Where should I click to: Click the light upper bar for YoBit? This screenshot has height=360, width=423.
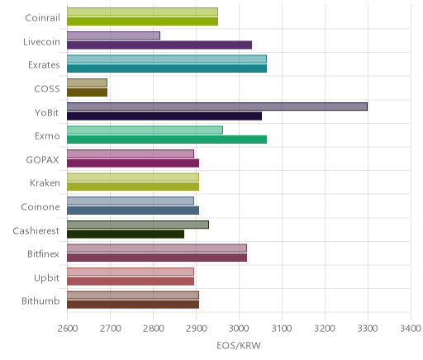point(217,107)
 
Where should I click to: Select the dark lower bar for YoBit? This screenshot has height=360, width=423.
point(164,116)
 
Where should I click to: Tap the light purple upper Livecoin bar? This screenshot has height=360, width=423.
point(113,36)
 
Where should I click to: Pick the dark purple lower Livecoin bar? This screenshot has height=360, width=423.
point(159,45)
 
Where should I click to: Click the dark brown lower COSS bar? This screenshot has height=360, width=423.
point(87,92)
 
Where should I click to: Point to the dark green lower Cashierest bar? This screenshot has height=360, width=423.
point(126,234)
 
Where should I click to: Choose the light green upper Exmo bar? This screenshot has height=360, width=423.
point(145,130)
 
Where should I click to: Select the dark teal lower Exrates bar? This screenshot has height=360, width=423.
point(167,69)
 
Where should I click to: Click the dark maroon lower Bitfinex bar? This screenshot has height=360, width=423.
point(157,258)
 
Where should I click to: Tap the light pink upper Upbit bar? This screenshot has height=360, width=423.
point(131,272)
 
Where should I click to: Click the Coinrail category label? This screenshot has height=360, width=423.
point(42,18)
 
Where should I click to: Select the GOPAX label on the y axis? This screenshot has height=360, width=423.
point(42,160)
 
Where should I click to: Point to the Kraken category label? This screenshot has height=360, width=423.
point(45,183)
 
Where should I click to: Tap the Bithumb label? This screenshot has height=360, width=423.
point(40,301)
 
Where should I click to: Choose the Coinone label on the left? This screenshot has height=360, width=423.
point(40,206)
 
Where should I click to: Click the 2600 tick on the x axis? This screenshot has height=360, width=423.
point(68,329)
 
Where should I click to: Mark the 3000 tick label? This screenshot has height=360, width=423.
point(239,329)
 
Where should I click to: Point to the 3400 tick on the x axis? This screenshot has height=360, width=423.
point(411,329)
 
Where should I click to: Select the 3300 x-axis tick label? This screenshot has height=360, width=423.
point(368,329)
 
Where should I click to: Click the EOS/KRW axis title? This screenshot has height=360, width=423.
point(239,345)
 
